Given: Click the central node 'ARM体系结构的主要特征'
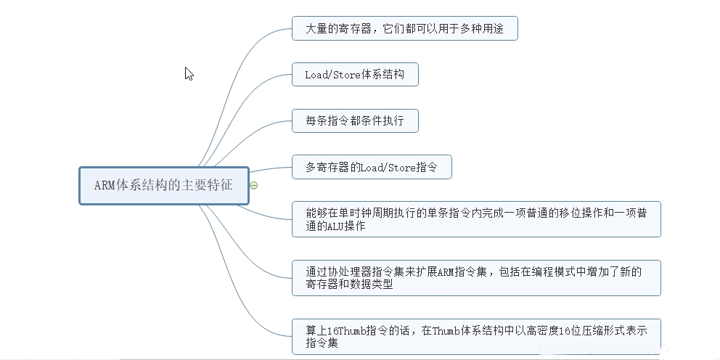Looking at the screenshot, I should click(x=163, y=185).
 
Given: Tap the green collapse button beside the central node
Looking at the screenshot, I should click(x=253, y=186).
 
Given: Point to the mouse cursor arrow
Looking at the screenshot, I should click(x=188, y=73).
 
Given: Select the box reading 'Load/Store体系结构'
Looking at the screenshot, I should click(x=355, y=75).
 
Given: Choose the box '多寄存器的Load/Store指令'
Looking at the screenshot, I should click(x=372, y=167).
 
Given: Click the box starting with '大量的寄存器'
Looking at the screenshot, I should click(x=404, y=29).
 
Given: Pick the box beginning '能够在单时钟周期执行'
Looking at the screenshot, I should click(x=476, y=219).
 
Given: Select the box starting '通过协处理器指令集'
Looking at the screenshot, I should click(x=476, y=277).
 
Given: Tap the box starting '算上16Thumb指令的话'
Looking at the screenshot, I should click(x=476, y=336).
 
